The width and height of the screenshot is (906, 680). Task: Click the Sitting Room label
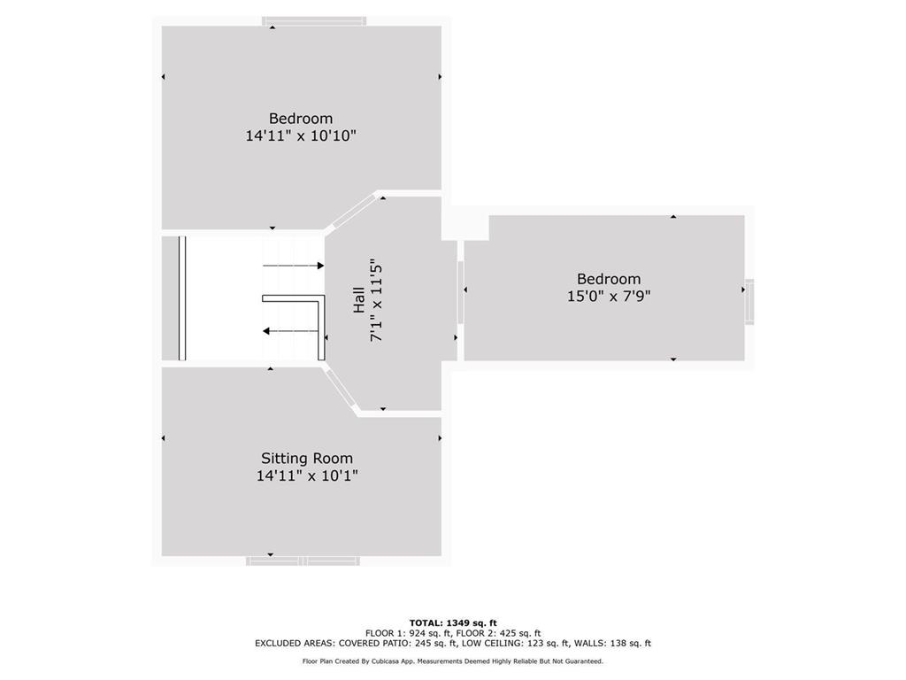[306, 459]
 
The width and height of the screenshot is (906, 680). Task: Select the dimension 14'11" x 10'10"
[301, 135]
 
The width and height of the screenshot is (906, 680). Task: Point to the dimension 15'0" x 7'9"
[609, 297]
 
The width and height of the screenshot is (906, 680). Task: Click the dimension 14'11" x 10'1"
[307, 475]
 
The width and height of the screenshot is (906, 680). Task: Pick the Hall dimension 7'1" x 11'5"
[376, 302]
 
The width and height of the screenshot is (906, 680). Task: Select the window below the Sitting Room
[303, 560]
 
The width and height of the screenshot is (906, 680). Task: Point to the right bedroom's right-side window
[749, 301]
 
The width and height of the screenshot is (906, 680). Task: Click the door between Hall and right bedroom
[460, 292]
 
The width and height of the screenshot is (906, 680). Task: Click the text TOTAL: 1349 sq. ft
[452, 622]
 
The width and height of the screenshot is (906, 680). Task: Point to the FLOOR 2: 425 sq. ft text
[501, 633]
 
